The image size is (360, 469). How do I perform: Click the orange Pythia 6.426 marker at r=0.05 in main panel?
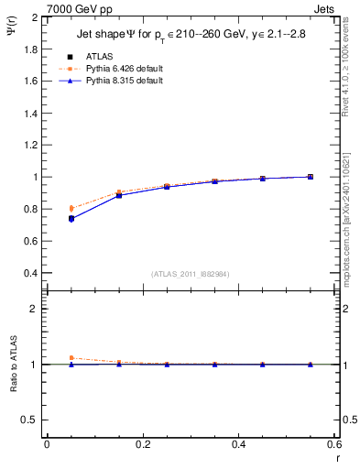[71, 208]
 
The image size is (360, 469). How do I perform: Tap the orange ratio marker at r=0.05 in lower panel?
[71, 358]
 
